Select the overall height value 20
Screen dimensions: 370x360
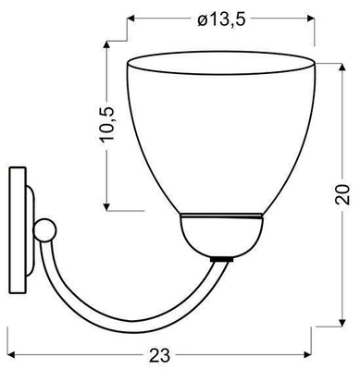click(x=342, y=195)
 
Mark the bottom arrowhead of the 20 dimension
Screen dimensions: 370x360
click(x=342, y=325)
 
